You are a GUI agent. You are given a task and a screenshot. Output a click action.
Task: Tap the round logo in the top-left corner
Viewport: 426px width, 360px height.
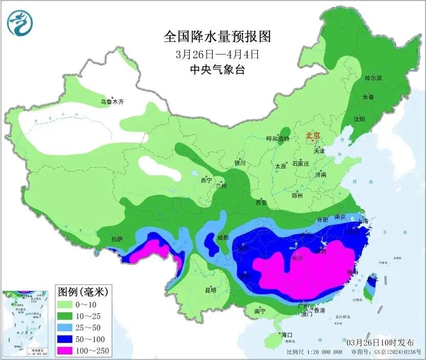[20, 23]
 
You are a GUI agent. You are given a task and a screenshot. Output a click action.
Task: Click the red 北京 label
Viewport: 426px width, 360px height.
[313, 135]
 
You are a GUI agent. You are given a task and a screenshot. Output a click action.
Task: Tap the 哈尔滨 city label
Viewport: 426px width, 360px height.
[373, 78]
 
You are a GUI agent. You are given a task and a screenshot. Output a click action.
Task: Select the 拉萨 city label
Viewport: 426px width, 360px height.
[117, 238]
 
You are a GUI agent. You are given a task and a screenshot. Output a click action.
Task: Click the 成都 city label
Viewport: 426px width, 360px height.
[222, 237]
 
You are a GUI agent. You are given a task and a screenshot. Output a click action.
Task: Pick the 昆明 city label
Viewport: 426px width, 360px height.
[211, 290]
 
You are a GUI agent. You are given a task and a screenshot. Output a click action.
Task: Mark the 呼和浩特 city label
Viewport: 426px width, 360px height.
[278, 138]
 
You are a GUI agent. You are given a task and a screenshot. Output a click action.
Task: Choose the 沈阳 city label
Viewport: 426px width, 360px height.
[359, 119]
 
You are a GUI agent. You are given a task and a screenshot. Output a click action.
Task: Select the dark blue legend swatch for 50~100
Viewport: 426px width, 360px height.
[67, 339]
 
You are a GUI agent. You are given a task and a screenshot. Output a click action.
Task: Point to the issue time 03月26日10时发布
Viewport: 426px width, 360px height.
[383, 342]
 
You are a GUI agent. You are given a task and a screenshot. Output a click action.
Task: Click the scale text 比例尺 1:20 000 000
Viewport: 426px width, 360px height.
[314, 352]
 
